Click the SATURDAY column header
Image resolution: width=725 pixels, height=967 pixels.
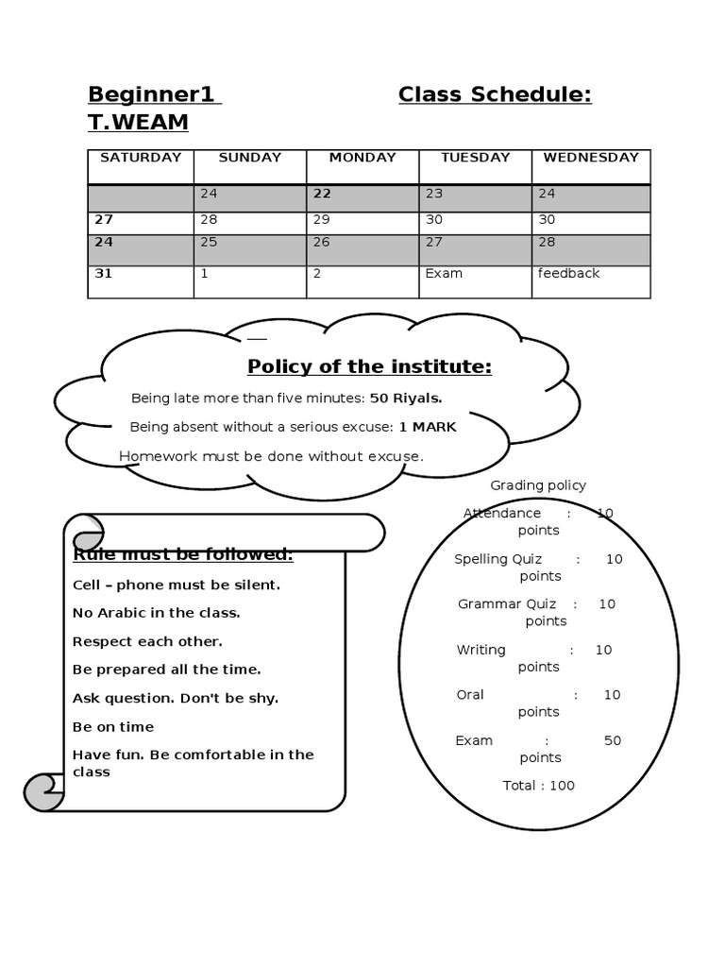(x=141, y=158)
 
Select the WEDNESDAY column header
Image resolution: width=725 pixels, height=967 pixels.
(x=591, y=158)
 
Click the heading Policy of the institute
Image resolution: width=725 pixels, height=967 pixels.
(x=369, y=366)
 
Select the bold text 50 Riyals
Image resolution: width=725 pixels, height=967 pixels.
(x=406, y=398)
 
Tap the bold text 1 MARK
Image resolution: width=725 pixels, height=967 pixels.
(x=428, y=427)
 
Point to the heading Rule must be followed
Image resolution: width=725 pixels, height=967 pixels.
(x=183, y=554)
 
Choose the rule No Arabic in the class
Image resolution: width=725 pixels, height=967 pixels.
(x=157, y=613)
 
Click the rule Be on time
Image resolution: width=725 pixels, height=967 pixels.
(x=113, y=727)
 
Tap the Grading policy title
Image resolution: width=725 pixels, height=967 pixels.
(x=538, y=485)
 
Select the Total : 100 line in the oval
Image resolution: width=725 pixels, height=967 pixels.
(x=539, y=786)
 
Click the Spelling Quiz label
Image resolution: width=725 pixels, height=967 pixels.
(x=498, y=559)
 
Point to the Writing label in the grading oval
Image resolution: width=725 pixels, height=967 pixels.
(x=481, y=650)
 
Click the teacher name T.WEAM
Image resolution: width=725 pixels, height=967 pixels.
(x=138, y=123)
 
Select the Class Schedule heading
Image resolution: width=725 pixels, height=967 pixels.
(x=495, y=94)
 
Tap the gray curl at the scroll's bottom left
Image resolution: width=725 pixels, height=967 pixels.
(x=42, y=791)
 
